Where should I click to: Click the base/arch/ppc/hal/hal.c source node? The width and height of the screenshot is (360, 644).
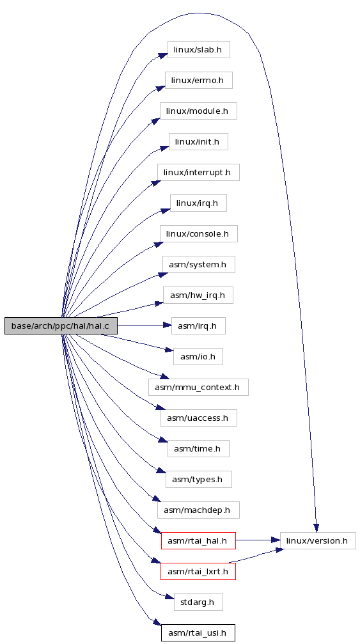click(x=61, y=326)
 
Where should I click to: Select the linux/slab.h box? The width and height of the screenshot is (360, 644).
click(x=198, y=49)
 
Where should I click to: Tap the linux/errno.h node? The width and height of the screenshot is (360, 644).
click(x=199, y=80)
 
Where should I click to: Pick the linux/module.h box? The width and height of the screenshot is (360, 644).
click(x=198, y=111)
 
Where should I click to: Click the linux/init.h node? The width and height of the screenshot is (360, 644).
click(x=198, y=142)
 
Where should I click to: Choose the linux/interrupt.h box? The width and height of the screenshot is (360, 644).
click(x=198, y=173)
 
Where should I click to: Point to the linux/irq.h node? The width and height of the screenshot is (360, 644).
click(x=198, y=203)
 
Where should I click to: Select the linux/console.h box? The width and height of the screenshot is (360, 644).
click(x=199, y=233)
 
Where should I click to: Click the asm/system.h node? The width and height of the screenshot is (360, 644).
click(x=199, y=265)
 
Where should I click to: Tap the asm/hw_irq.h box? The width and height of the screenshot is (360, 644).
click(x=198, y=295)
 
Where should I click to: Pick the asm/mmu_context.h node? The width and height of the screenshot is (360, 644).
click(x=198, y=388)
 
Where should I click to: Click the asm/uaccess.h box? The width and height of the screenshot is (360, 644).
click(x=199, y=418)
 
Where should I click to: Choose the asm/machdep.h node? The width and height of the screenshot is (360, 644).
click(x=198, y=510)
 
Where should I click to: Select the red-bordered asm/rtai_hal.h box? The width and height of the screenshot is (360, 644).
click(x=198, y=541)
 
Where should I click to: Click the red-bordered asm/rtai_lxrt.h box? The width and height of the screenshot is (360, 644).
click(x=198, y=571)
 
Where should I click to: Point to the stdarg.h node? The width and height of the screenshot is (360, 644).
click(x=198, y=602)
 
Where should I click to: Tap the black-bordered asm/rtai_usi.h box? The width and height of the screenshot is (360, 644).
click(x=198, y=633)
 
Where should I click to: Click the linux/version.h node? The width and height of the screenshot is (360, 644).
click(x=318, y=541)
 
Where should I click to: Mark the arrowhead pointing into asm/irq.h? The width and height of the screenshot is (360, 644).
click(x=167, y=326)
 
